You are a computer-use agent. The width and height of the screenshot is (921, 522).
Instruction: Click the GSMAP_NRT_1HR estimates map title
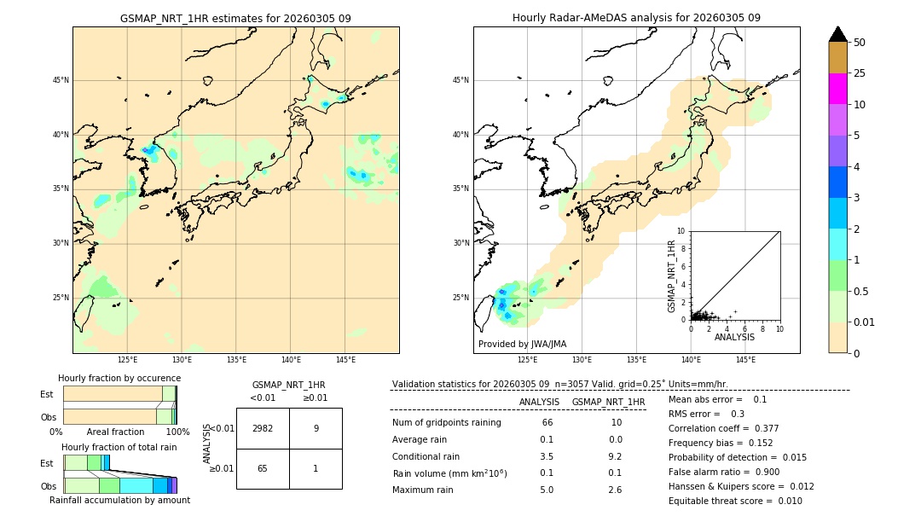point(235,18)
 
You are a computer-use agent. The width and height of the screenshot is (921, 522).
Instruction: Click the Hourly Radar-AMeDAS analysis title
point(636,18)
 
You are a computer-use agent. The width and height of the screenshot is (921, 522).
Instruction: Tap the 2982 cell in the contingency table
point(263,428)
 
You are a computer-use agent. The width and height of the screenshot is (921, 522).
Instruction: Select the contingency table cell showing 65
point(263,468)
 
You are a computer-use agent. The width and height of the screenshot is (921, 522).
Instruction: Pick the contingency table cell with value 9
point(316,428)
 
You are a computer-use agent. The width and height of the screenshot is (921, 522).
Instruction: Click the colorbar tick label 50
point(860,42)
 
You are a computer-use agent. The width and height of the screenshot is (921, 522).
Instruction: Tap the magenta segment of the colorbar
point(837,89)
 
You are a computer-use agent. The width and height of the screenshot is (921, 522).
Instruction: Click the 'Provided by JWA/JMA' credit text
point(522,344)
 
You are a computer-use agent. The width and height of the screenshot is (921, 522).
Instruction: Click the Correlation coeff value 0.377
point(761,428)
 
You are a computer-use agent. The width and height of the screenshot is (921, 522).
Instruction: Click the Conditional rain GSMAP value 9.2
point(616,456)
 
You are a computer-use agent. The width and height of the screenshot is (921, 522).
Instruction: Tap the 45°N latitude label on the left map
point(61,80)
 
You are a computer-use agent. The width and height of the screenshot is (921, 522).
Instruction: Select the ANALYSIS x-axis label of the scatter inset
point(734,337)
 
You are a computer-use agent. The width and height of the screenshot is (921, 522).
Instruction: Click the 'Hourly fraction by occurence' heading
point(119,378)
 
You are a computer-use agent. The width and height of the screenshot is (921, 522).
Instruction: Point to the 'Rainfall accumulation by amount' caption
point(119,500)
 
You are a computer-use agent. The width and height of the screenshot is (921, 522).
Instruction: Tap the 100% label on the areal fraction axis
point(177,432)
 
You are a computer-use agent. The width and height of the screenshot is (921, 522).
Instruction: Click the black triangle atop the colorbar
point(837,34)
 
